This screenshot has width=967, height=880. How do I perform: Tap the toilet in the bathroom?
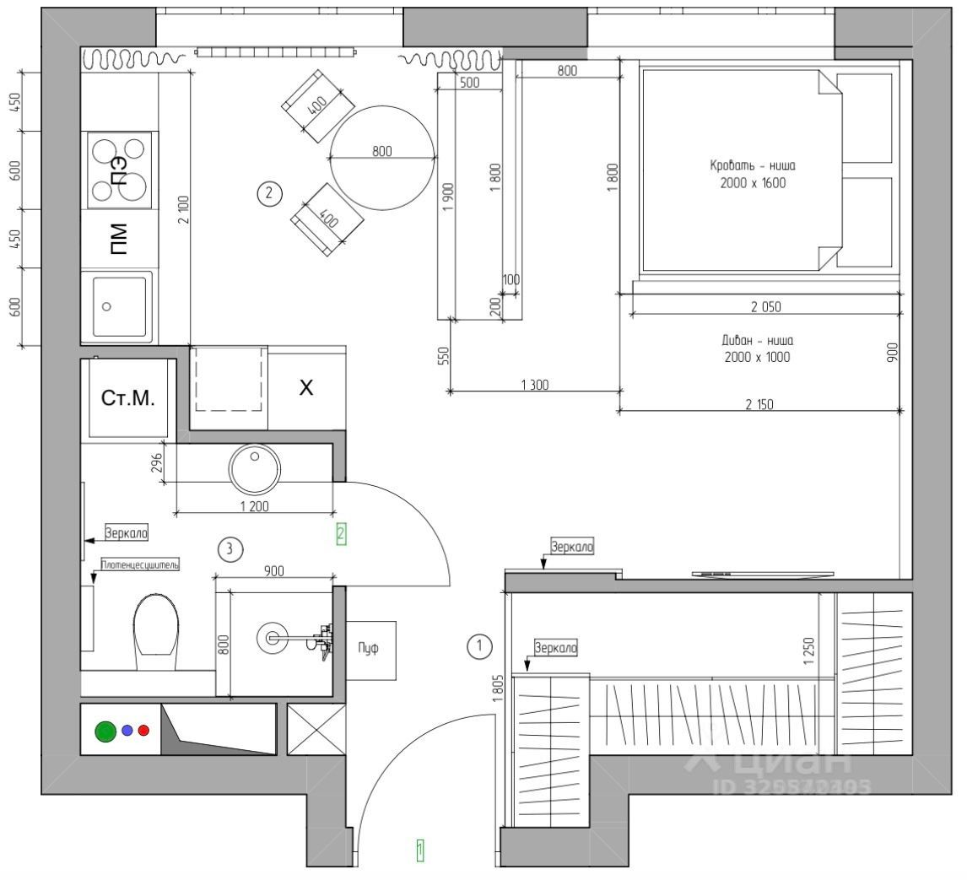coord(156,629)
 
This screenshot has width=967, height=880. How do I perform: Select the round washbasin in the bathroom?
coord(255,469)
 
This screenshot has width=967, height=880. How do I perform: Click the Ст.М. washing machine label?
coord(128,398)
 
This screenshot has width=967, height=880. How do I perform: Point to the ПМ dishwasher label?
coord(119,239)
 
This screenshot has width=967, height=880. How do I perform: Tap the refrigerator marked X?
coord(307,388)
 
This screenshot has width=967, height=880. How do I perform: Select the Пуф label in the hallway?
coord(369,649)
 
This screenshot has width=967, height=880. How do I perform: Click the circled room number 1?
coord(479,647)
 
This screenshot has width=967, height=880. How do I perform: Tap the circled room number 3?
coord(230,549)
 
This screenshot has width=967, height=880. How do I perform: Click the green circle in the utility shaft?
coord(105,731)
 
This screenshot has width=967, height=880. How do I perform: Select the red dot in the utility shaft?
coord(143,731)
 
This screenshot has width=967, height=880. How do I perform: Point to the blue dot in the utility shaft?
coord(127,731)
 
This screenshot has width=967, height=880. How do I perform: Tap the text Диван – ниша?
coord(757,341)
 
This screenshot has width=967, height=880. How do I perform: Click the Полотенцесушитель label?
coord(140,564)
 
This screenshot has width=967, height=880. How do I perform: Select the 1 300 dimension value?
coord(535,385)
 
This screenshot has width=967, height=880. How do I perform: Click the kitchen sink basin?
coord(118,306)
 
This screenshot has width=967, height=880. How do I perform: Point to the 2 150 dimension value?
coord(759,404)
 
